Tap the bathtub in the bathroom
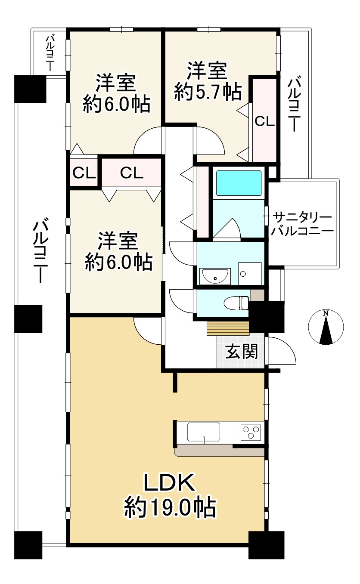pos(239,183)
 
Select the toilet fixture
pos(237,303)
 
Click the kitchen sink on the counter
pos(204,431)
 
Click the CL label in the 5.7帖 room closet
pos(264,122)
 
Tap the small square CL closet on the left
pos(84,173)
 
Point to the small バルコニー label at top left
pos(49,53)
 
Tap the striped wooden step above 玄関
pos(228,328)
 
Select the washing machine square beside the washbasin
pos(250,273)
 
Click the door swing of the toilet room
pos(182,300)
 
